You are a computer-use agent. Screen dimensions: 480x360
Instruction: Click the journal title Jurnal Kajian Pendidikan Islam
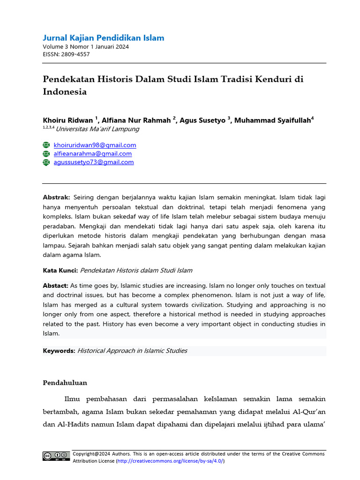pyautogui.click(x=103, y=38)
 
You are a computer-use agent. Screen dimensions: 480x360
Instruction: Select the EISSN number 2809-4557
pyautogui.click(x=76, y=54)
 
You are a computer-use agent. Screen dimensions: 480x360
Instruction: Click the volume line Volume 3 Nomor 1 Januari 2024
pyautogui.click(x=86, y=47)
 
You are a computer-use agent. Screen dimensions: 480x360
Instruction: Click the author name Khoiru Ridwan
pyautogui.click(x=68, y=120)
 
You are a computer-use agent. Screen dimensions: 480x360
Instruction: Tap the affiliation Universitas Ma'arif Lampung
pyautogui.click(x=97, y=129)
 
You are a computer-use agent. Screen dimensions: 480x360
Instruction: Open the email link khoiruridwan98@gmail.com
pyautogui.click(x=95, y=145)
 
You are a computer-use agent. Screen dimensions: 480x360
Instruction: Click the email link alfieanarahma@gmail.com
pyautogui.click(x=92, y=154)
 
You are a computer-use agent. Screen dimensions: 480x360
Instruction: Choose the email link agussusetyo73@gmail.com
pyautogui.click(x=94, y=162)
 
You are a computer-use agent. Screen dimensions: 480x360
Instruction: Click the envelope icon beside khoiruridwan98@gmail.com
pyautogui.click(x=46, y=145)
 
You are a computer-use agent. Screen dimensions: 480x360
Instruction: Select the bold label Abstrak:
pyautogui.click(x=56, y=197)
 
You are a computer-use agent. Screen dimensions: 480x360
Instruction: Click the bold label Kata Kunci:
pyautogui.click(x=60, y=270)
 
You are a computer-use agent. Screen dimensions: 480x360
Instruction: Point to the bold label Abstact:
pyautogui.click(x=55, y=285)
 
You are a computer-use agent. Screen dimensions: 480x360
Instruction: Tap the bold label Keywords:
pyautogui.click(x=59, y=351)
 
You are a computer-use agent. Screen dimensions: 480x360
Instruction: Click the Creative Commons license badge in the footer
pyautogui.click(x=56, y=456)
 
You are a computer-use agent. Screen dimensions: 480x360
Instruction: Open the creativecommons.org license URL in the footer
pyautogui.click(x=170, y=461)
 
